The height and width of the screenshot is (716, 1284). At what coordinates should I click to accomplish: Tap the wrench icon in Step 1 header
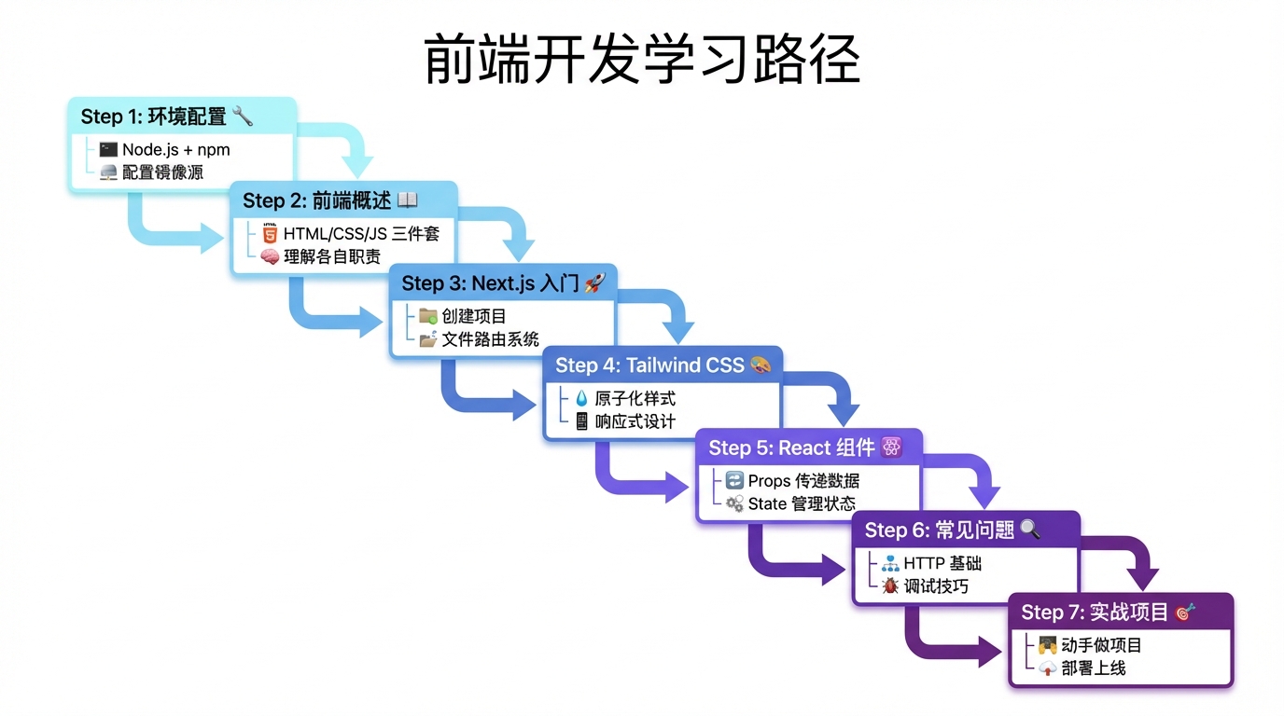coord(243,116)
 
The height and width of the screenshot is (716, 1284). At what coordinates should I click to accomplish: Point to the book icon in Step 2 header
coord(408,200)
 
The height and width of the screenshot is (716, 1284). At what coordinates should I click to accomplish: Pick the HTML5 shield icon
coord(270,234)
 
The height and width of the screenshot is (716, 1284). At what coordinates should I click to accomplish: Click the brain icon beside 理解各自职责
coord(270,257)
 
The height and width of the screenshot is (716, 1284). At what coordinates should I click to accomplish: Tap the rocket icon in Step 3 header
coord(594,282)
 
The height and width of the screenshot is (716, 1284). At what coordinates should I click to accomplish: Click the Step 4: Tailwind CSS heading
coord(649,365)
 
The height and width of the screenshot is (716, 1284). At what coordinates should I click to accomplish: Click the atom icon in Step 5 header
coord(891,447)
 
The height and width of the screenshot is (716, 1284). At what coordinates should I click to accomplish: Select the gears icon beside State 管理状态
coord(734,503)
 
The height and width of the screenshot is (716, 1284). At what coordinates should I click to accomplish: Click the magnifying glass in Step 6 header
coord(1030,530)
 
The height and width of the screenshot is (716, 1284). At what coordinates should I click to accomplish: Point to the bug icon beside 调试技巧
coord(890,586)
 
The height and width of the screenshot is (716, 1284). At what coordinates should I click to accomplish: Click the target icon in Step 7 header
coord(1185,612)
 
